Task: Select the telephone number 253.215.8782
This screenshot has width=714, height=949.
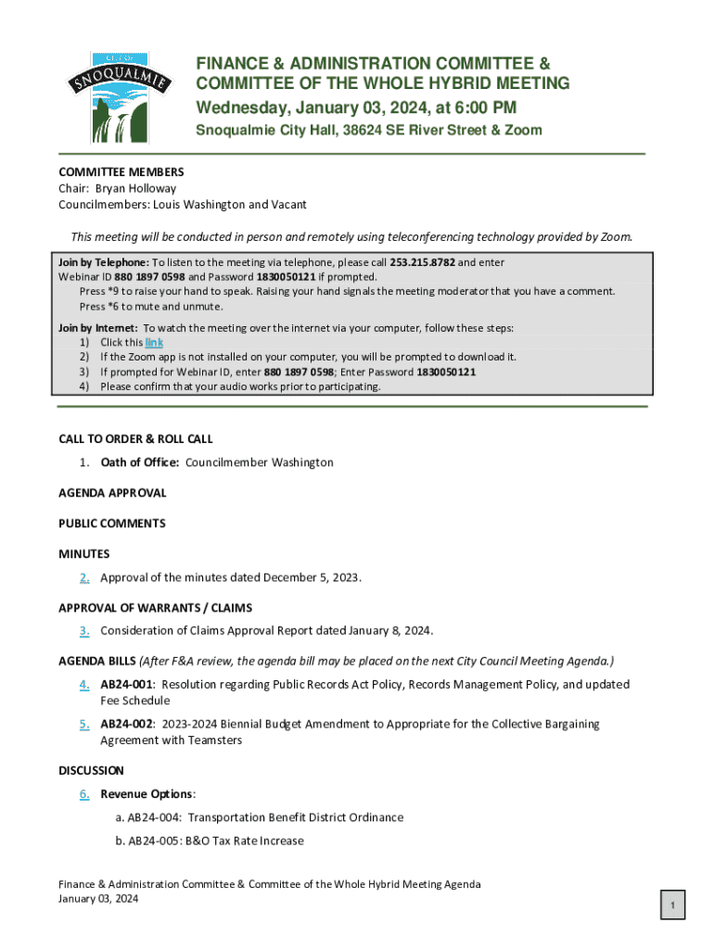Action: point(422,262)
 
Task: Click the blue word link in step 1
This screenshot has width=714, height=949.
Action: point(154,342)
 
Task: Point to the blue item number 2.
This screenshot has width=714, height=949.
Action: point(84,577)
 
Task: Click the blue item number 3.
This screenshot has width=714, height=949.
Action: point(84,631)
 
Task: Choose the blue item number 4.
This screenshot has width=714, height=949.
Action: point(84,685)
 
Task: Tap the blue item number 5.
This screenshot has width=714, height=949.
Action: point(84,724)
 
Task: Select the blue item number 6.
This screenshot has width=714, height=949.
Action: point(84,794)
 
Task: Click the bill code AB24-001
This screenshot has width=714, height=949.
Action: point(127,685)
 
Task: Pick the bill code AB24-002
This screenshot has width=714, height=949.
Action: point(127,724)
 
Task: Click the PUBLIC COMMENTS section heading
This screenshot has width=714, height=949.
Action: point(112,524)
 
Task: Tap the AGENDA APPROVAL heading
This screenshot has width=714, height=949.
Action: point(112,493)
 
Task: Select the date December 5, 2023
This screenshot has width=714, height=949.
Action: point(312,577)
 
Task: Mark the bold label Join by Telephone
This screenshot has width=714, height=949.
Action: point(104,262)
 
